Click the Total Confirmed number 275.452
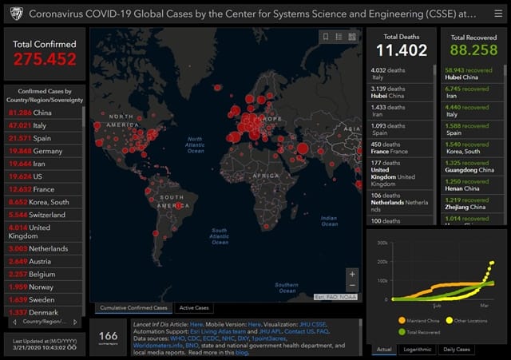45,59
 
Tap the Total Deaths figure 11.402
402,50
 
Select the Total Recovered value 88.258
473,50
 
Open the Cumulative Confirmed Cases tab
133,307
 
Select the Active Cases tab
195,307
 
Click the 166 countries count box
108,337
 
